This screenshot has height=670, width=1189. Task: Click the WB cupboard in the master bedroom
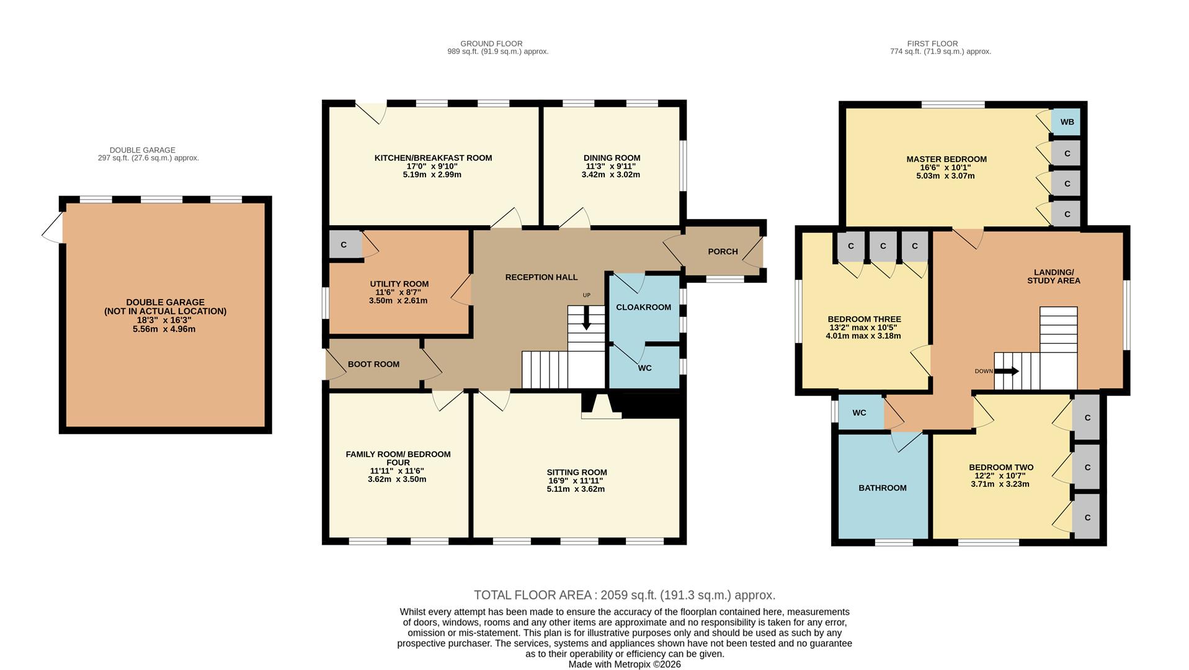click(x=1066, y=122)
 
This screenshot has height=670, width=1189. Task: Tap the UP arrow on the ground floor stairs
click(x=586, y=320)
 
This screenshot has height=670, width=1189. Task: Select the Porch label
click(x=723, y=252)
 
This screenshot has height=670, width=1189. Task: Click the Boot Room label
click(x=373, y=365)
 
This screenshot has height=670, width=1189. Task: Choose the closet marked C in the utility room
click(x=344, y=244)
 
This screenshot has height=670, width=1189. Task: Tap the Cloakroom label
click(x=643, y=308)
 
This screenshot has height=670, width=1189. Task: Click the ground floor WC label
click(x=644, y=368)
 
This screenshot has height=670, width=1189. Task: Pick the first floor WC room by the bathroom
click(x=859, y=413)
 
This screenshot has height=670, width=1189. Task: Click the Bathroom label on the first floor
click(x=882, y=488)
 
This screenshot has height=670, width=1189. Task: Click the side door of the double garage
click(x=53, y=227)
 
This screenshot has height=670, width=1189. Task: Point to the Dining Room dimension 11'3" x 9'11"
click(x=611, y=166)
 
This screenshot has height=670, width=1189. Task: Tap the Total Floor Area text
click(x=624, y=596)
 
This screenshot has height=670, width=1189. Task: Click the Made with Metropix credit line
click(x=624, y=664)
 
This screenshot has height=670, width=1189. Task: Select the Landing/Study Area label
click(x=1053, y=277)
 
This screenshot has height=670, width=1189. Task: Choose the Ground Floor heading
click(x=491, y=44)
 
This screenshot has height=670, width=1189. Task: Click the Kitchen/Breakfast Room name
click(x=433, y=158)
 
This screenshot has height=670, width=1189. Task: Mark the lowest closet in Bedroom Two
click(x=1087, y=517)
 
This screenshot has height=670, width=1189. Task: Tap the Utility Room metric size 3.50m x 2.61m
click(x=398, y=301)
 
